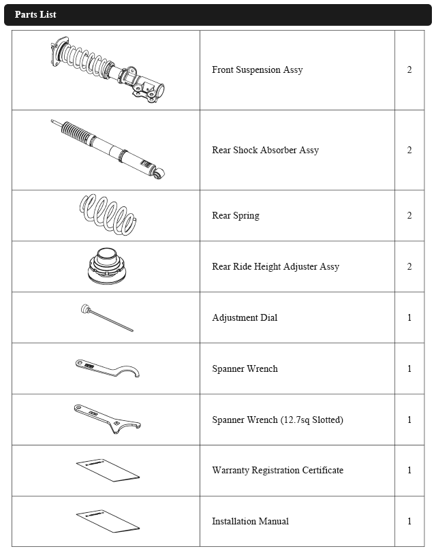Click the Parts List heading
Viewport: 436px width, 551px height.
pyautogui.click(x=35, y=14)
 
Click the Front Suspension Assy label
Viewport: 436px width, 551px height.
pyautogui.click(x=257, y=69)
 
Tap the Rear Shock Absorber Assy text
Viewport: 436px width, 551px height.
pyautogui.click(x=265, y=150)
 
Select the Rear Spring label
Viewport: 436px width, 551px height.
pyautogui.click(x=235, y=215)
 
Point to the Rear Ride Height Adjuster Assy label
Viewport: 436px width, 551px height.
pyautogui.click(x=275, y=266)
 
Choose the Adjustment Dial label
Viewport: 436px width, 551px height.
pyautogui.click(x=245, y=317)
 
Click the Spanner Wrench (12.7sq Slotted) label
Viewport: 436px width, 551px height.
pyautogui.click(x=277, y=420)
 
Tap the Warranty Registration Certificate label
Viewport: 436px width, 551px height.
pyautogui.click(x=277, y=470)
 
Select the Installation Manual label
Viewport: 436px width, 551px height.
pyautogui.click(x=250, y=521)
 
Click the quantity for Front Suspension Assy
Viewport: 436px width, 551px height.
pyautogui.click(x=409, y=69)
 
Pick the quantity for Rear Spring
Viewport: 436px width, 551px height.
pyautogui.click(x=409, y=215)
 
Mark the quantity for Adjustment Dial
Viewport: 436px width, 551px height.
pyautogui.click(x=409, y=317)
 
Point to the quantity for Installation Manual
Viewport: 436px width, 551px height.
pyautogui.click(x=409, y=521)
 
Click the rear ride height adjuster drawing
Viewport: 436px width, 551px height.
pyautogui.click(x=107, y=266)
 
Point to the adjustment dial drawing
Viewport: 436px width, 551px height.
pyautogui.click(x=106, y=318)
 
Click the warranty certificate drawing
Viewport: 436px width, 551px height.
pyautogui.click(x=107, y=470)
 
